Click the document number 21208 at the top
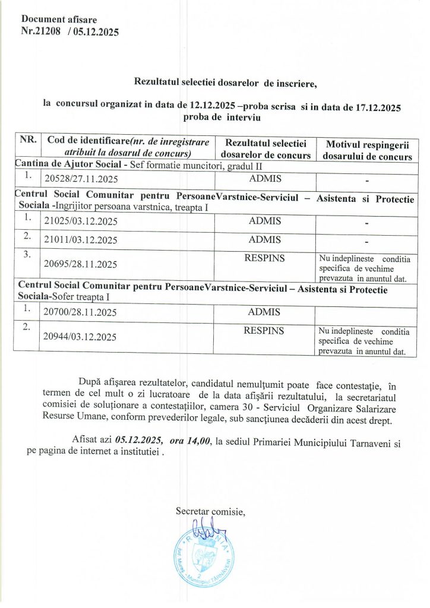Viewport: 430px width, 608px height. pyautogui.click(x=46, y=32)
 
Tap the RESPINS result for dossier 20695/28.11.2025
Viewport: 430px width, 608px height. pyautogui.click(x=264, y=258)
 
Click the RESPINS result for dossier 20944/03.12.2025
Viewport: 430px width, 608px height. pyautogui.click(x=264, y=330)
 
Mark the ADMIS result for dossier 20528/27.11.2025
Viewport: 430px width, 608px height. pyautogui.click(x=265, y=178)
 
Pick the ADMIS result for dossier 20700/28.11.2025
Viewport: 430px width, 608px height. pyautogui.click(x=265, y=311)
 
